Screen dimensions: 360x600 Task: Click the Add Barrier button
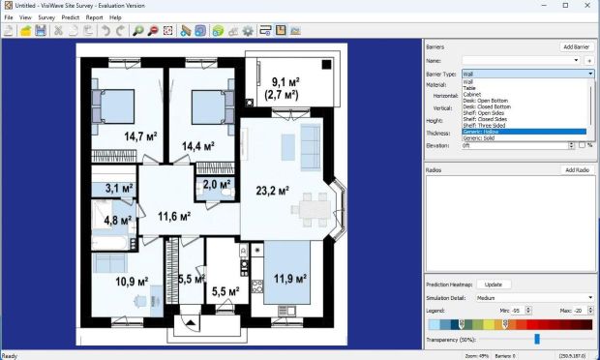click(x=576, y=46)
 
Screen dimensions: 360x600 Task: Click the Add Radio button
click(x=578, y=170)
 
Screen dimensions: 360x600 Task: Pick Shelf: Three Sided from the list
click(x=483, y=125)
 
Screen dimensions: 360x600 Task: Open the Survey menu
click(x=46, y=17)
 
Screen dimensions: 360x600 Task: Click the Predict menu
click(x=71, y=17)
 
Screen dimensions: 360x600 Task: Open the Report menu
click(x=94, y=17)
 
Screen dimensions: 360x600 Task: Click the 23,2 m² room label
click(x=271, y=189)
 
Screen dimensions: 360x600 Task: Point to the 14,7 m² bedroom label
click(x=140, y=136)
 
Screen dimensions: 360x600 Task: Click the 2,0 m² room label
click(x=216, y=184)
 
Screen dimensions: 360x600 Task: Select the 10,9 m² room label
click(x=131, y=282)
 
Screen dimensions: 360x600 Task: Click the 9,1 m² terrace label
click(x=283, y=88)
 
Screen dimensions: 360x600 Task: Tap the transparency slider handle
click(x=537, y=339)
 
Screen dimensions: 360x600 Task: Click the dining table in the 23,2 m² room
click(x=311, y=205)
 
